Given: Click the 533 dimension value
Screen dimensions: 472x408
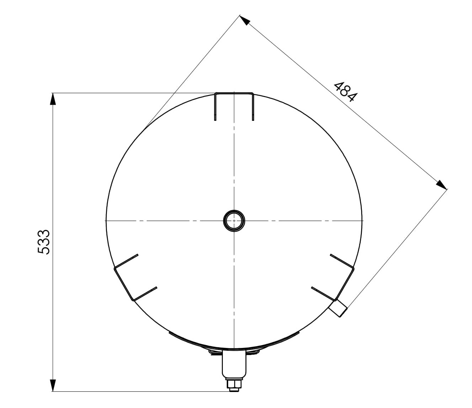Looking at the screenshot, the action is click(43, 242).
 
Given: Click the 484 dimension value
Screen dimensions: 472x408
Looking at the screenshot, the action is click(345, 92).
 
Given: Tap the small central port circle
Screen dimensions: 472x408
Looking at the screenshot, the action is click(234, 221).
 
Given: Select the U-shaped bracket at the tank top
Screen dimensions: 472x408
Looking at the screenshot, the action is click(234, 93).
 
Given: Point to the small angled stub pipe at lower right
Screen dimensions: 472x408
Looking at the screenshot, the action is click(338, 308).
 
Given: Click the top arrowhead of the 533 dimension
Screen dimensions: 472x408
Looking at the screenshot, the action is click(53, 99).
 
